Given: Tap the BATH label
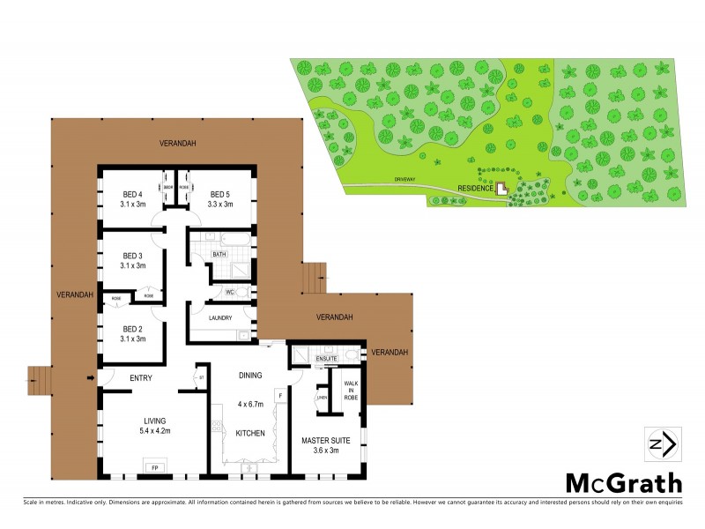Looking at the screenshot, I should click(219, 255).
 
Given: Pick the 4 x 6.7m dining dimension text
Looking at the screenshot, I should click(250, 406).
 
